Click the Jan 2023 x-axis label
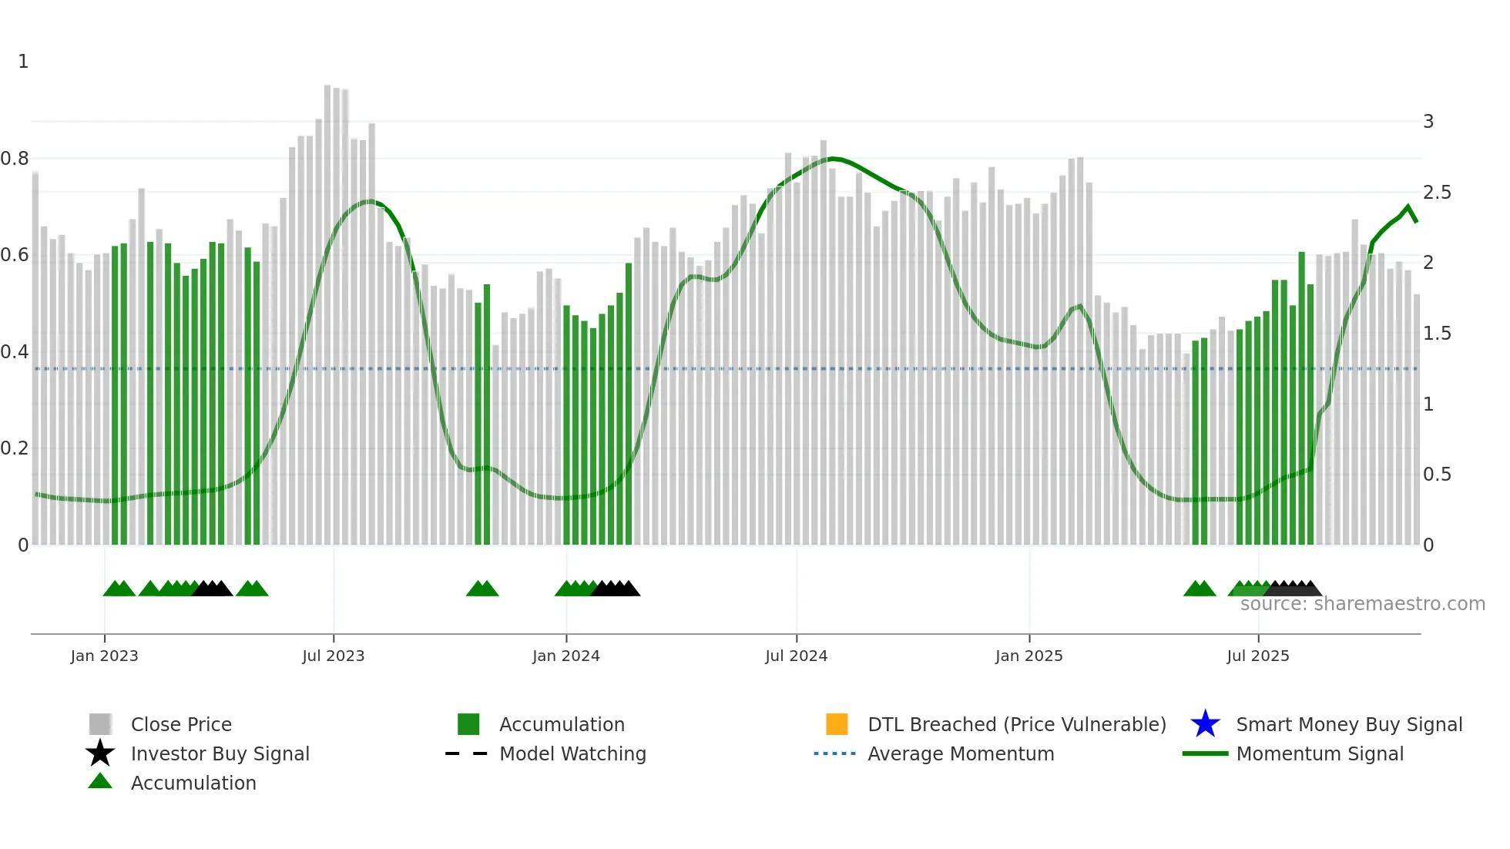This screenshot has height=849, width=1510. [x=104, y=656]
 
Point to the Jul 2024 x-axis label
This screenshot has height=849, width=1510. [x=796, y=656]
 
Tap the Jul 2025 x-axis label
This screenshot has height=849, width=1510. [x=1257, y=656]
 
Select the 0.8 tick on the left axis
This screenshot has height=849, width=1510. [x=15, y=159]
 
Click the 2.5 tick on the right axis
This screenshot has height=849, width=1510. [x=1436, y=193]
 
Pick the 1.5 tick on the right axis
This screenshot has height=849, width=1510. [x=1436, y=334]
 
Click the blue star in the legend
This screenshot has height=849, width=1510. [x=1205, y=724]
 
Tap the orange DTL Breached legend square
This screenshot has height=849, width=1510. [x=837, y=724]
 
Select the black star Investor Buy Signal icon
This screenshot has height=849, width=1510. [x=100, y=753]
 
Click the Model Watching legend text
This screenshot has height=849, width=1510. [x=572, y=753]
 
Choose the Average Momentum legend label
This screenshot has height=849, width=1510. [x=961, y=753]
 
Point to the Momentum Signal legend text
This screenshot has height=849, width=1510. [x=1320, y=753]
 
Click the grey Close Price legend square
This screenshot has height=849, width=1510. [x=100, y=724]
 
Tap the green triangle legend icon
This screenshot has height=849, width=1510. [x=100, y=781]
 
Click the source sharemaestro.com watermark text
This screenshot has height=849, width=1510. [x=1362, y=604]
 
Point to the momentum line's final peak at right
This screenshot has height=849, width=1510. [x=1408, y=206]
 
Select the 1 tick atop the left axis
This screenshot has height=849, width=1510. [x=23, y=62]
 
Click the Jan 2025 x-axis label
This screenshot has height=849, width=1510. [x=1028, y=656]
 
